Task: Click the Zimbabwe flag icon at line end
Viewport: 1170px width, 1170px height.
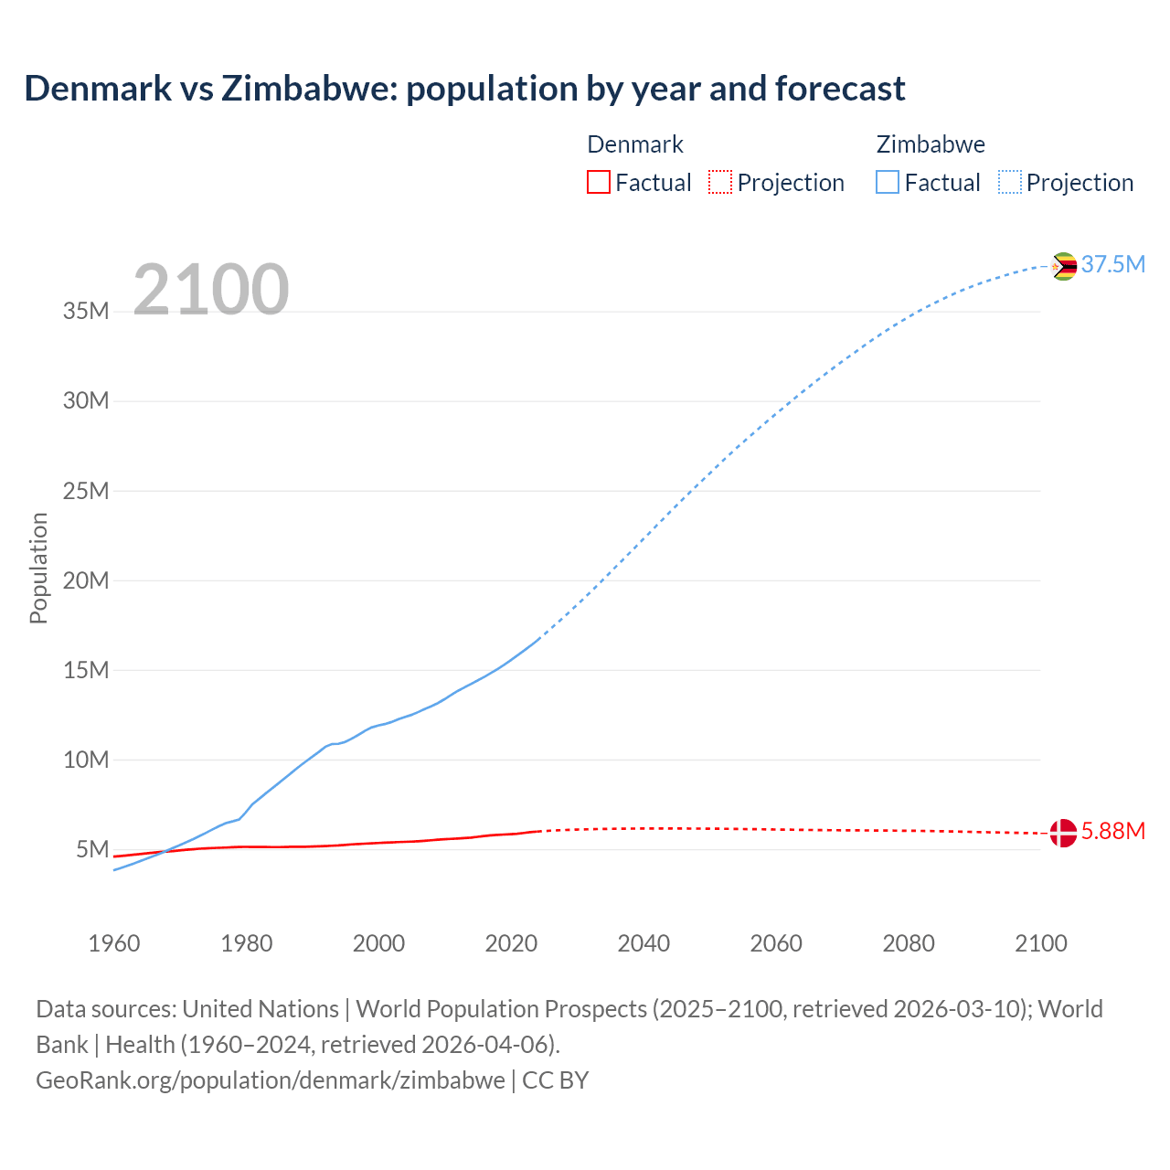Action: point(1063,266)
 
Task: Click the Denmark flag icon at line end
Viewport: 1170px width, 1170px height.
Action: point(1063,833)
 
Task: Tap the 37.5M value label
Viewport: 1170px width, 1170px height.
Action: point(1112,265)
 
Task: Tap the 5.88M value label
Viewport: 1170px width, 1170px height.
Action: point(1112,832)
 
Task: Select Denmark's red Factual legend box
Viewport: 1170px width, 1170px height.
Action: point(598,183)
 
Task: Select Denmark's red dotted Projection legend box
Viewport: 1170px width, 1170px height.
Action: point(720,183)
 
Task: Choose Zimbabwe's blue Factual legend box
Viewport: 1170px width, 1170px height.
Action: point(887,183)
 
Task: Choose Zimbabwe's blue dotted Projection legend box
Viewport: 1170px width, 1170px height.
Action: point(1009,183)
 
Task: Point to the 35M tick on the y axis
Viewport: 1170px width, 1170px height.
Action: point(86,312)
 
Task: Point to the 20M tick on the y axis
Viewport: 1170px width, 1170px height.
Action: point(86,581)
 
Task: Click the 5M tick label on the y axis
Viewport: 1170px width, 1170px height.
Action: point(92,850)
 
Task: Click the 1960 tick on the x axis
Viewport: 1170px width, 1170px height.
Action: point(114,943)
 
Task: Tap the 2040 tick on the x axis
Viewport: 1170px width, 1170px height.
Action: point(643,943)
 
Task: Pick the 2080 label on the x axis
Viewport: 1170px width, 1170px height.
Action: point(909,943)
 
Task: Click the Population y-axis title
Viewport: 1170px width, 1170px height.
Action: point(38,568)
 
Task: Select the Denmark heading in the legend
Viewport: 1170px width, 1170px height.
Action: point(635,144)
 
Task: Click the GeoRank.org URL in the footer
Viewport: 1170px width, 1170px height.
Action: point(271,1080)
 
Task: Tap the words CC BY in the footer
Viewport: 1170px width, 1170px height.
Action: point(556,1080)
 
